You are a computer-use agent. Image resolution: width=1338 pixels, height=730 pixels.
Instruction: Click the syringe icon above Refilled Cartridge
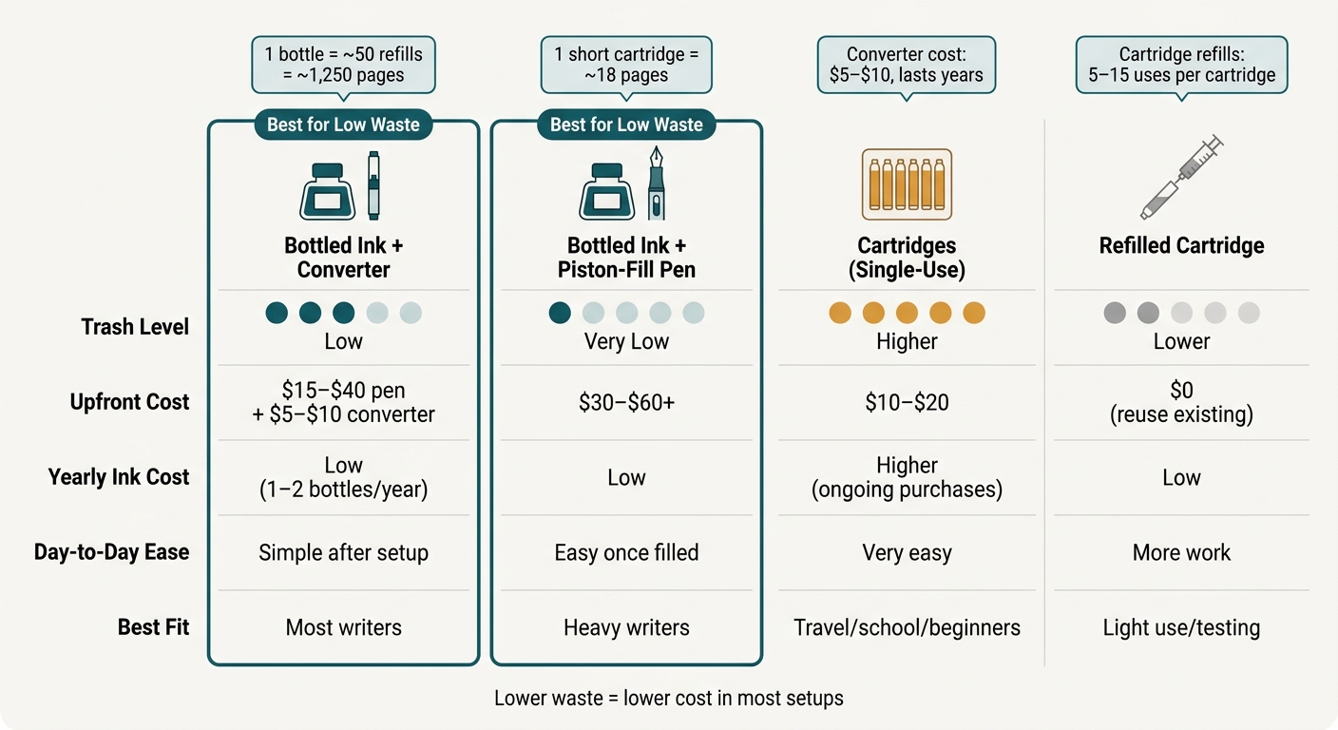pyautogui.click(x=1180, y=178)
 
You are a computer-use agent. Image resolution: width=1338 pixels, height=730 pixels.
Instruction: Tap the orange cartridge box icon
pyautogui.click(x=907, y=184)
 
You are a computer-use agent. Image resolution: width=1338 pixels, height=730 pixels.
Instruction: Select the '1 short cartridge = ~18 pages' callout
pyautogui.click(x=626, y=65)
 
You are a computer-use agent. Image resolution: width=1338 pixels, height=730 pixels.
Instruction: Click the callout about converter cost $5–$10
pyautogui.click(x=907, y=65)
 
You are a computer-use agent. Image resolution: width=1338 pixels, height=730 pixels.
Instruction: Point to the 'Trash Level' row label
pyautogui.click(x=135, y=327)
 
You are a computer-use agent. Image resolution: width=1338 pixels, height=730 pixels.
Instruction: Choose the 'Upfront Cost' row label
pyautogui.click(x=129, y=402)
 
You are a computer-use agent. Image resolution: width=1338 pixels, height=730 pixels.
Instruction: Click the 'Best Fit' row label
pyautogui.click(x=154, y=627)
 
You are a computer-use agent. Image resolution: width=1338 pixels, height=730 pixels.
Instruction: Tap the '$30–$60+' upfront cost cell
pyautogui.click(x=626, y=403)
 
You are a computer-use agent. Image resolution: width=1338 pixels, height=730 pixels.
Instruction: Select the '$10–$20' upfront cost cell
pyautogui.click(x=907, y=403)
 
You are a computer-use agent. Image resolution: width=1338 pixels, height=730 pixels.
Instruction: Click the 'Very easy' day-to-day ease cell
pyautogui.click(x=907, y=553)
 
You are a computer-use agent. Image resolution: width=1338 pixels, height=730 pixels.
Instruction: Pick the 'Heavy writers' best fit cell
pyautogui.click(x=626, y=628)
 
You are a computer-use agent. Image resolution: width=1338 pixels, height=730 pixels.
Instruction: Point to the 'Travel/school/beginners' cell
pyautogui.click(x=907, y=628)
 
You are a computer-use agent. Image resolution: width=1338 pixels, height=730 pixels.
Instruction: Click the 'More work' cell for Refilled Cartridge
pyautogui.click(x=1181, y=552)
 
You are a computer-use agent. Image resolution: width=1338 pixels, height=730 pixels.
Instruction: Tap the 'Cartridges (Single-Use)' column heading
pyautogui.click(x=907, y=258)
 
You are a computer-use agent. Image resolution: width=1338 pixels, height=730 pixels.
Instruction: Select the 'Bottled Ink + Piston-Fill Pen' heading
pyautogui.click(x=626, y=258)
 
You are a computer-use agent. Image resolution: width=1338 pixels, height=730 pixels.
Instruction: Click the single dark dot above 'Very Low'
pyautogui.click(x=560, y=313)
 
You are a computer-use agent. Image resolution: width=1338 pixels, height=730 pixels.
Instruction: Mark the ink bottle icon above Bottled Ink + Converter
pyautogui.click(x=327, y=191)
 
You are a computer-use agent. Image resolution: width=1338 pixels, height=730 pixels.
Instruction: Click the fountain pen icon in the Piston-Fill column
pyautogui.click(x=657, y=182)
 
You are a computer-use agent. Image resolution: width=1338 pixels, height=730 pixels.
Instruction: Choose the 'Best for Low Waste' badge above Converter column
pyautogui.click(x=343, y=125)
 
